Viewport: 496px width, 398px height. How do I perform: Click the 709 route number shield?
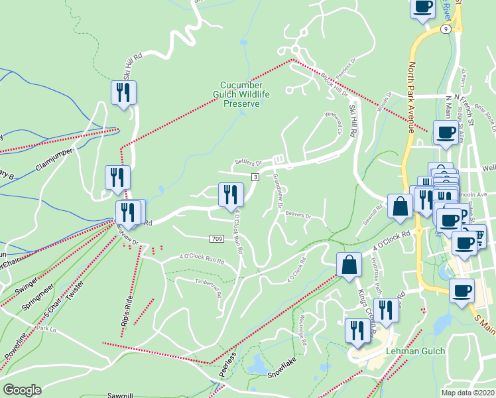pyautogui.click(x=217, y=238)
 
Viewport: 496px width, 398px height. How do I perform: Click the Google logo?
pyautogui.click(x=23, y=390)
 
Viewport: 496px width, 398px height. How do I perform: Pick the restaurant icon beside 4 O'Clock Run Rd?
pyautogui.click(x=229, y=194)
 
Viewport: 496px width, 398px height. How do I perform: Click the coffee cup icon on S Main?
pyautogui.click(x=462, y=290)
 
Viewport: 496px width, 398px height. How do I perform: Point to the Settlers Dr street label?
pyautogui.click(x=248, y=163)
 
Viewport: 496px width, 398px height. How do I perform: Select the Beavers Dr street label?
pyautogui.click(x=298, y=215)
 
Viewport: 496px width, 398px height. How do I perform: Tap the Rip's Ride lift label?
pyautogui.click(x=127, y=320)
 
